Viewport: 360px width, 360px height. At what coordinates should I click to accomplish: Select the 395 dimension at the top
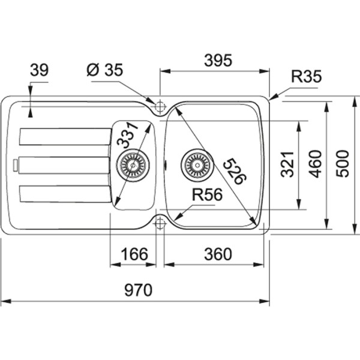(x=217, y=60)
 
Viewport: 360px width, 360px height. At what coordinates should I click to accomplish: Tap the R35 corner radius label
(x=307, y=76)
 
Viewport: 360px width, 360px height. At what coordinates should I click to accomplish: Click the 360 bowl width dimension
(x=217, y=254)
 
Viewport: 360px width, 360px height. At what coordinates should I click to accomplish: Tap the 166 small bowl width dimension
(x=133, y=254)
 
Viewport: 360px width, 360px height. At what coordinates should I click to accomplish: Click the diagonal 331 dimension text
(x=128, y=135)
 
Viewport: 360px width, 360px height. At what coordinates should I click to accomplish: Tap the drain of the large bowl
(x=196, y=163)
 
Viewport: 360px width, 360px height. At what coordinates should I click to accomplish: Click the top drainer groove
(x=64, y=136)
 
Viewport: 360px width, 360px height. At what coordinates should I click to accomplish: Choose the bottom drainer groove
(x=64, y=194)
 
